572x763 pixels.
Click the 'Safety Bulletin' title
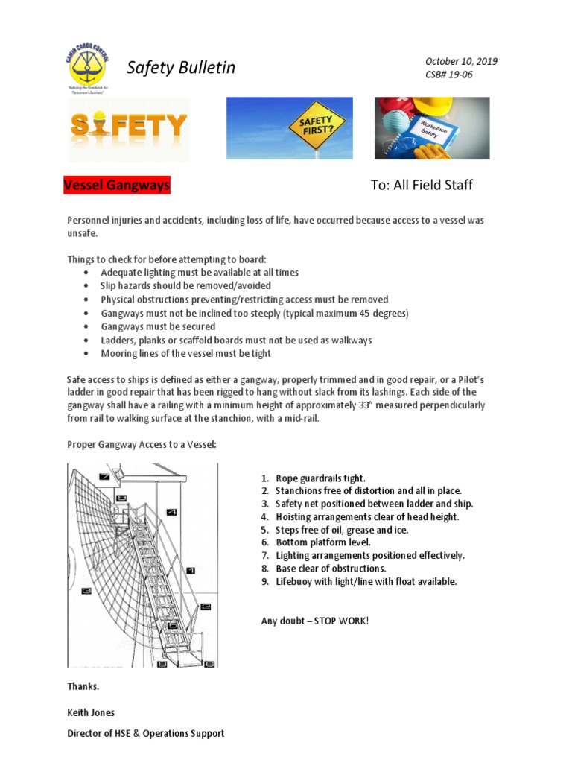180,68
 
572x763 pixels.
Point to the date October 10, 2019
461,61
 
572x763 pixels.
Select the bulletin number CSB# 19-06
448,75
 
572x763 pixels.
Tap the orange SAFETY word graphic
129,126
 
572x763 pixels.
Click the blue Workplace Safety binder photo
431,128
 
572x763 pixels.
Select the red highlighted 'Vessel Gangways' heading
117,185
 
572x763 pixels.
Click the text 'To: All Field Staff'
421,185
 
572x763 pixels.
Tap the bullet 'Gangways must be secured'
158,326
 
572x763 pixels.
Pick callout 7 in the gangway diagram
104,477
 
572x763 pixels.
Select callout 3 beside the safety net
86,591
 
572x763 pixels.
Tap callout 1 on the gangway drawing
191,570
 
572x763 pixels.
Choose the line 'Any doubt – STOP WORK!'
314,621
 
